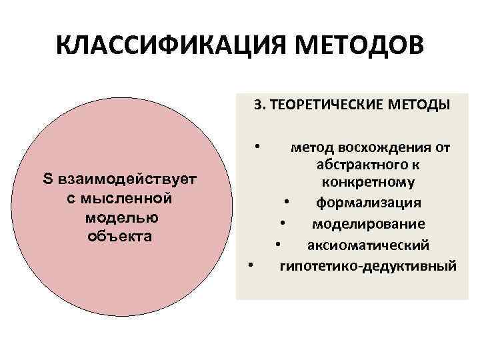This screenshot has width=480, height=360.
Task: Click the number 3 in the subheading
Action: point(257,105)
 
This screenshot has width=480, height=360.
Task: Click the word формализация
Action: point(367,202)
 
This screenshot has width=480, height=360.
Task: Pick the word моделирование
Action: point(369,223)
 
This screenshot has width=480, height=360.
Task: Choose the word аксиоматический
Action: point(368,245)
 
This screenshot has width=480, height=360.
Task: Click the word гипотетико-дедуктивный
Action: point(368,266)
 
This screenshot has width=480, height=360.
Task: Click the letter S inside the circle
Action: point(47,179)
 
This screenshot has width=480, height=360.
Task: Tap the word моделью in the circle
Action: point(121,217)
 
